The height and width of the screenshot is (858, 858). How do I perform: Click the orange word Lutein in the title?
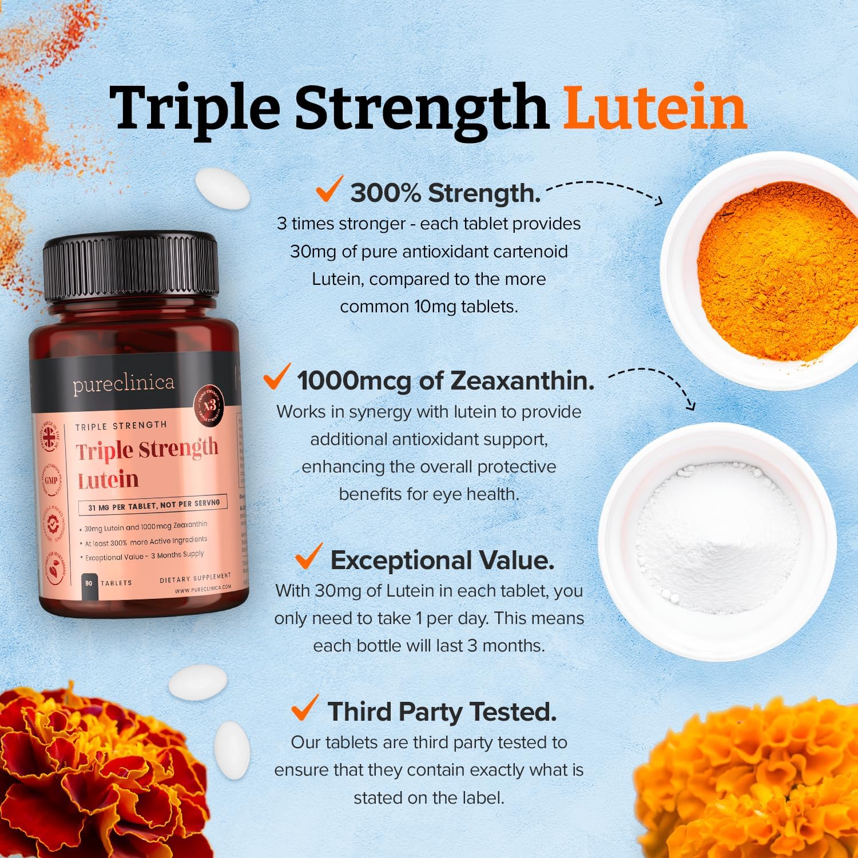(654, 107)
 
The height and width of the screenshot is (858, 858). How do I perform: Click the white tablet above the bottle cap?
(223, 189)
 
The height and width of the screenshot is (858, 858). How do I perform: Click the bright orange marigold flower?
(755, 789)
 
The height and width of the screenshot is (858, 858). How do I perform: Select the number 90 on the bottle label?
(89, 583)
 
